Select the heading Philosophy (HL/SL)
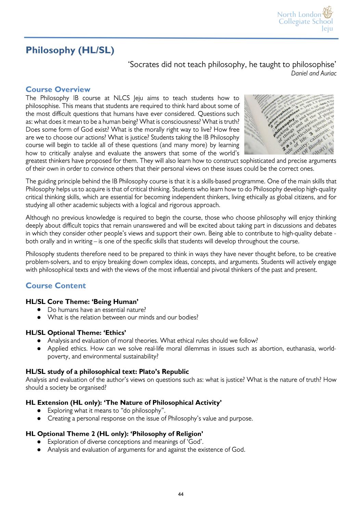point(70,50)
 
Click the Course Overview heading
point(58,89)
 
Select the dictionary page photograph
point(289,124)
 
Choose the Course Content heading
point(56,286)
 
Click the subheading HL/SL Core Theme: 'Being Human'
point(82,302)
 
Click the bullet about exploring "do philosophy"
point(106,411)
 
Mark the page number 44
point(181,494)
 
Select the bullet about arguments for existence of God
point(146,450)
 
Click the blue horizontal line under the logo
point(181,38)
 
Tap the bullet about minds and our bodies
point(123,317)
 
